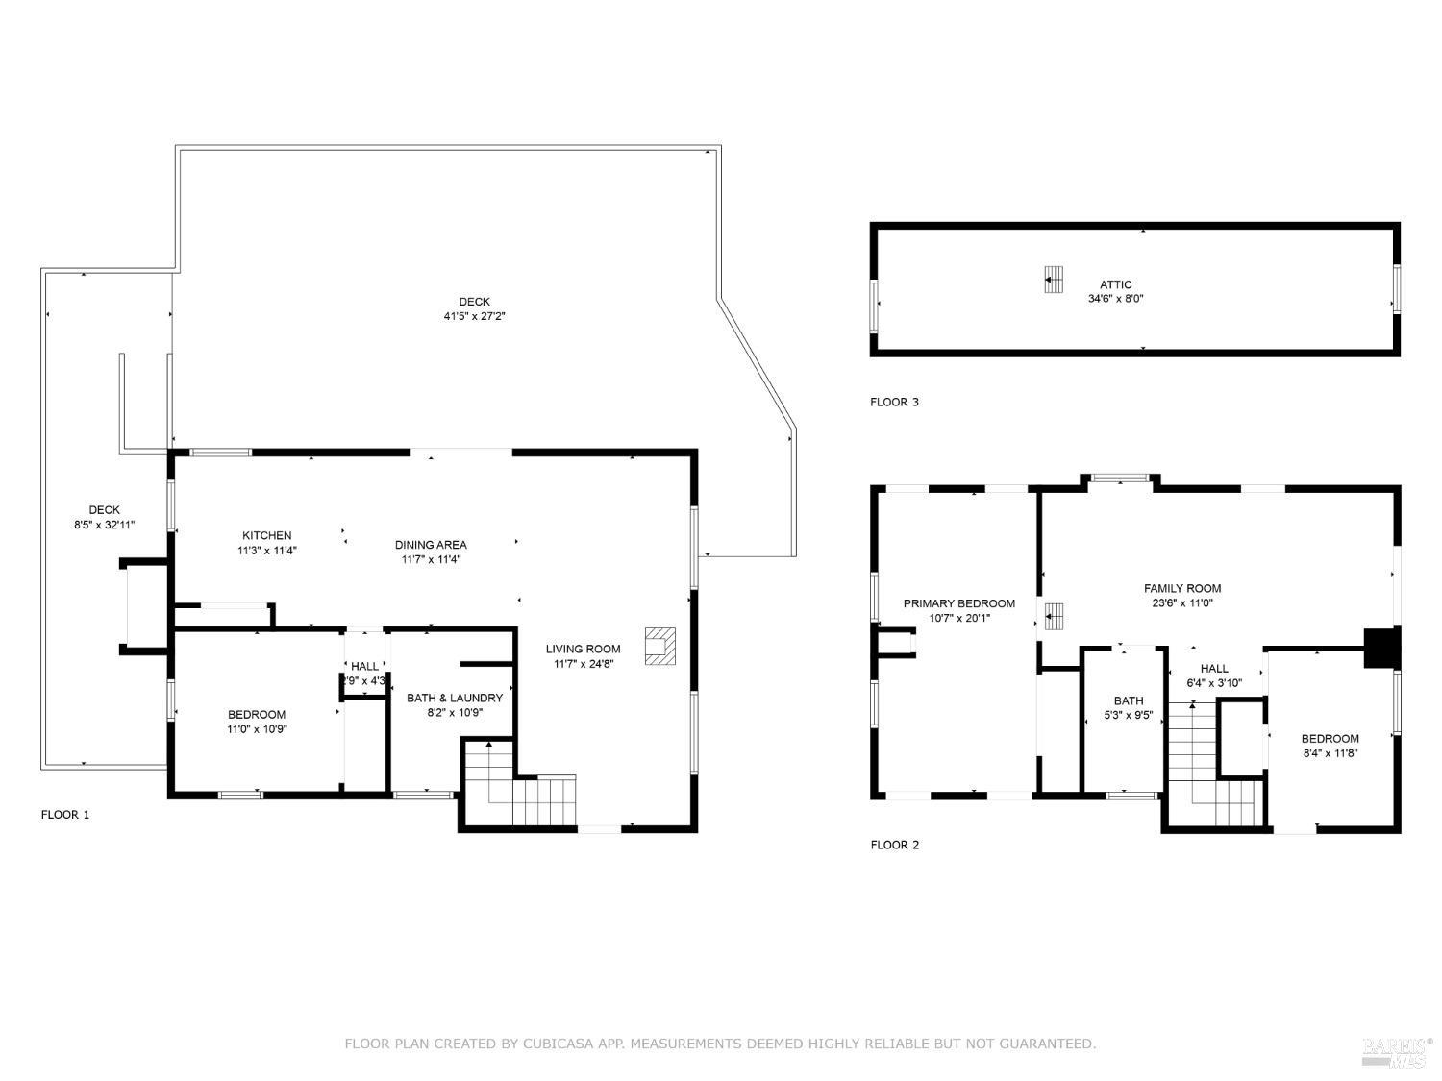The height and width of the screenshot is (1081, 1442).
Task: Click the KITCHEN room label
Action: (266, 536)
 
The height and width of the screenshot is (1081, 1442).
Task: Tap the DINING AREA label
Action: (431, 545)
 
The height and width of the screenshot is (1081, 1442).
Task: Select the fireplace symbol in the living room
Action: (660, 645)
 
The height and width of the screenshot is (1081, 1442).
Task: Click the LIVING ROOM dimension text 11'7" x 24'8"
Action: (583, 664)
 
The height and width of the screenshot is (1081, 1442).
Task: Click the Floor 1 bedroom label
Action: (257, 714)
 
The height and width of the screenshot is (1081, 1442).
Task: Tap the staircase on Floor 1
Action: (519, 788)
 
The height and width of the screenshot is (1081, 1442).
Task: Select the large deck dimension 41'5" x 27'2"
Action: (474, 316)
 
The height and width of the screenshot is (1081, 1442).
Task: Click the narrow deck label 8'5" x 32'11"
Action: (105, 525)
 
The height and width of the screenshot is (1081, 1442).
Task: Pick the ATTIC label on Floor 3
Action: (1115, 284)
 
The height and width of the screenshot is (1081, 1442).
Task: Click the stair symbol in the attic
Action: (1054, 279)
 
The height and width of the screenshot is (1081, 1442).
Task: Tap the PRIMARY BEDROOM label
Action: (958, 603)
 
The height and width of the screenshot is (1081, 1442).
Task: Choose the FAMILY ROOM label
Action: (1182, 588)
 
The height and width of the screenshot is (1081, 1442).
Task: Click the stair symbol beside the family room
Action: (1054, 615)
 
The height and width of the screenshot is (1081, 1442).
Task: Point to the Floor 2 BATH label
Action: (1129, 700)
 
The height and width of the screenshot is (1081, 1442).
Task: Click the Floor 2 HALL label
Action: (1214, 669)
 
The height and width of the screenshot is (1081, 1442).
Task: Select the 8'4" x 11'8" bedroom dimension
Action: (1330, 753)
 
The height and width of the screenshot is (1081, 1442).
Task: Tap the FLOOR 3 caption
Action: (894, 402)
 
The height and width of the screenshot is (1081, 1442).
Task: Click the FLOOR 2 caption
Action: (894, 845)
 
